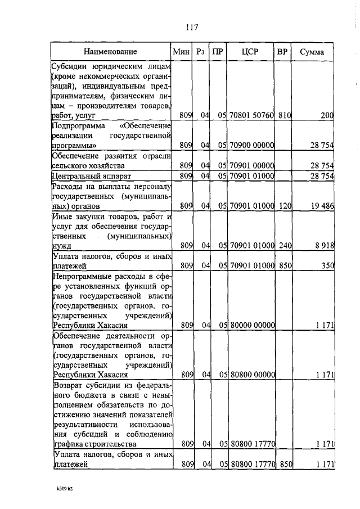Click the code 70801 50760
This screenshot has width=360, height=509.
(x=251, y=115)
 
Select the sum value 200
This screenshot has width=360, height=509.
(x=327, y=115)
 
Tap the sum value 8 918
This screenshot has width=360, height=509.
(x=323, y=245)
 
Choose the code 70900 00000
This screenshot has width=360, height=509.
(x=251, y=145)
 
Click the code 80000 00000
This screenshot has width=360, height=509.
(x=251, y=325)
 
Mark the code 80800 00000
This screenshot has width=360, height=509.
(x=251, y=374)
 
